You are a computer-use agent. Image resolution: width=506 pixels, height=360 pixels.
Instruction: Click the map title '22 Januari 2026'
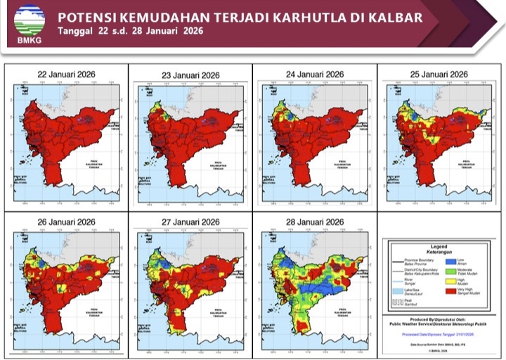tap(66, 74)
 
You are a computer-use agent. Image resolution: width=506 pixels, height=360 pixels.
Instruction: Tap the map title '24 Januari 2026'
tap(315, 74)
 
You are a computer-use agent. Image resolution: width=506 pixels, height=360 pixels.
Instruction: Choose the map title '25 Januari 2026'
tap(439, 74)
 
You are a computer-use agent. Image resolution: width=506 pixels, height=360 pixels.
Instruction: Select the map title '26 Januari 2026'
tap(66, 223)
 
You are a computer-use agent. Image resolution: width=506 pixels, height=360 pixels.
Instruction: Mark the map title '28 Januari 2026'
tap(315, 223)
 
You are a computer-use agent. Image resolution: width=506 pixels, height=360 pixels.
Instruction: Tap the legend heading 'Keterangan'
tap(439, 251)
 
